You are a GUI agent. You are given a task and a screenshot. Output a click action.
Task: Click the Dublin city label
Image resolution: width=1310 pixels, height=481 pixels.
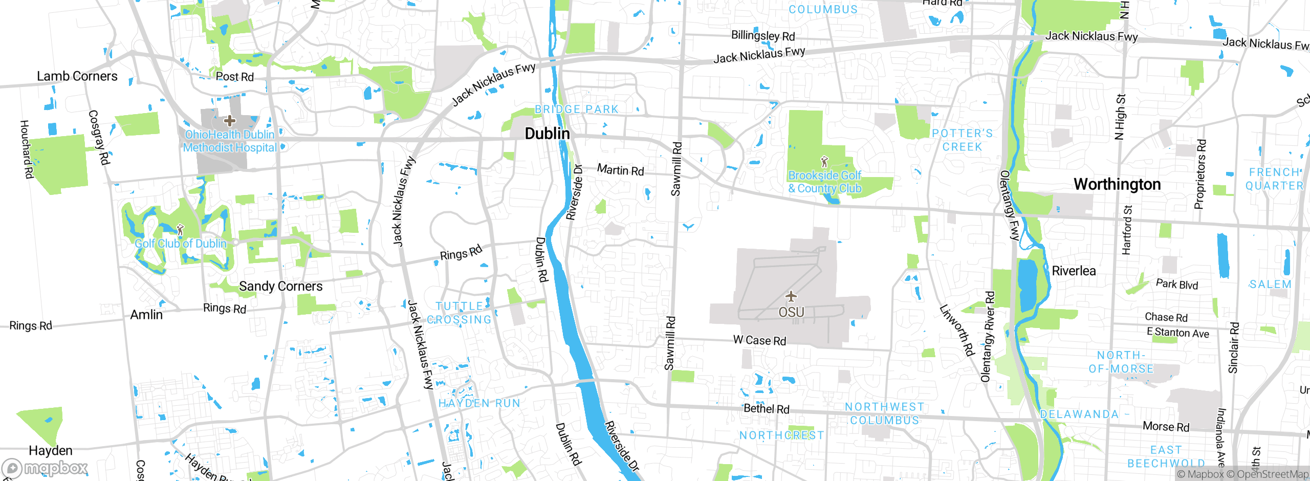547,134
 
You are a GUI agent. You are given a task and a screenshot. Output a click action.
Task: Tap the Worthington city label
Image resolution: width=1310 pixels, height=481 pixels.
1117,184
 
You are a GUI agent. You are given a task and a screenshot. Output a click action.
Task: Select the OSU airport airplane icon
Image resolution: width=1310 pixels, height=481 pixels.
791,296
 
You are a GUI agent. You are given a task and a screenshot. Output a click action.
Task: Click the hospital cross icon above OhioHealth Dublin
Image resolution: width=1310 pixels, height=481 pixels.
230,121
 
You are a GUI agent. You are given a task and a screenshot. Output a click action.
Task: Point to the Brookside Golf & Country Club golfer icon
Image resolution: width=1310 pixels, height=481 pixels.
824,162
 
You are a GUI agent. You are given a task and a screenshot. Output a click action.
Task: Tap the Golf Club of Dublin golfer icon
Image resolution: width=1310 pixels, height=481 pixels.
180,229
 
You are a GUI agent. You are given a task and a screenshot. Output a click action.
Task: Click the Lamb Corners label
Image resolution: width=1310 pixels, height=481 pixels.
77,76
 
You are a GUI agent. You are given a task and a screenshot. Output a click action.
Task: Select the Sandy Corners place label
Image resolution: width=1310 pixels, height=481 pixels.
280,286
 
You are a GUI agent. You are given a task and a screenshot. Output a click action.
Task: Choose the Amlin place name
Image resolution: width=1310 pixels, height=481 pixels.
146,315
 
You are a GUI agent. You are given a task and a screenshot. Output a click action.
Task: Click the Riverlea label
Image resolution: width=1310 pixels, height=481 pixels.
1074,271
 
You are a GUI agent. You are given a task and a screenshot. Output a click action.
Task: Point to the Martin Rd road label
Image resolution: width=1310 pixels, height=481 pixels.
620,170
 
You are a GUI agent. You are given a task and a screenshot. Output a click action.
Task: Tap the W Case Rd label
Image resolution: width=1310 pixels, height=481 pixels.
759,340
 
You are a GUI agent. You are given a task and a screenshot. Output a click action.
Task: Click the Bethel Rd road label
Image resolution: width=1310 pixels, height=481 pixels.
766,408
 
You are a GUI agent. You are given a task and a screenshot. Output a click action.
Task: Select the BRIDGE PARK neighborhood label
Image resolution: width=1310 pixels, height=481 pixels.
577,110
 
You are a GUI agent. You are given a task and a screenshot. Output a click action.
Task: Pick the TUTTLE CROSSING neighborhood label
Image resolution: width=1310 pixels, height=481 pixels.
459,313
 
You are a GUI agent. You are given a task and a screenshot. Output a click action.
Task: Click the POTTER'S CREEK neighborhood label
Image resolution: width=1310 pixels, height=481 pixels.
962,140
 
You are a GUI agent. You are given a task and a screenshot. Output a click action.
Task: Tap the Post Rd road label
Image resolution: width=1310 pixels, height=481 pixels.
234,77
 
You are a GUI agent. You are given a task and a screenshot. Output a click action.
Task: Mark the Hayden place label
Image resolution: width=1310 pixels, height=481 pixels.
51,450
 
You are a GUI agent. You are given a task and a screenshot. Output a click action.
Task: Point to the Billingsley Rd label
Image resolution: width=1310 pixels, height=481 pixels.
762,36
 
